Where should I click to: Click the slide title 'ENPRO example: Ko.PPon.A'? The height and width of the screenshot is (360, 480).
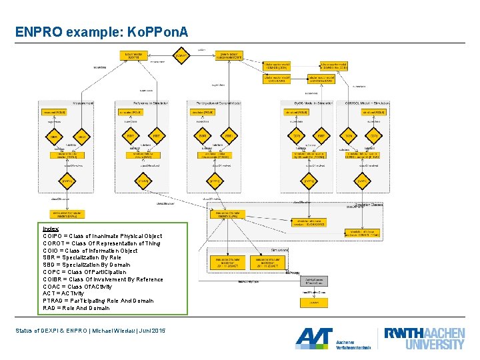click(102, 32)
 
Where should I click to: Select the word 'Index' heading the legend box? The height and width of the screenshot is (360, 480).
click(51, 229)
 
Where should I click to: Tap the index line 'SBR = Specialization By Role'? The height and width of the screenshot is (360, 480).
click(82, 257)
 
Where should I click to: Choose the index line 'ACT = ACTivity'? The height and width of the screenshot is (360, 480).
click(63, 293)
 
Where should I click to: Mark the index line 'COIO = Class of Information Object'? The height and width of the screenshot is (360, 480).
click(90, 250)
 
